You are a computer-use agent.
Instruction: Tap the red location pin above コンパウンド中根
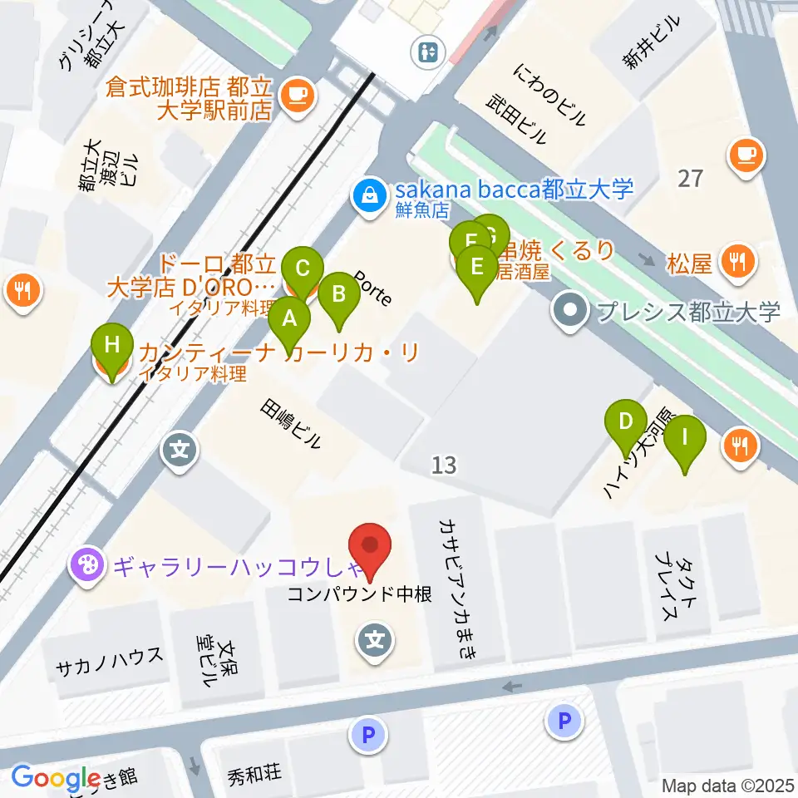[372, 547]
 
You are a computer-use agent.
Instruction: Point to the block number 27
[690, 178]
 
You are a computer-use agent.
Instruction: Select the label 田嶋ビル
[290, 424]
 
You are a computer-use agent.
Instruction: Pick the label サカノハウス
[109, 654]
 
